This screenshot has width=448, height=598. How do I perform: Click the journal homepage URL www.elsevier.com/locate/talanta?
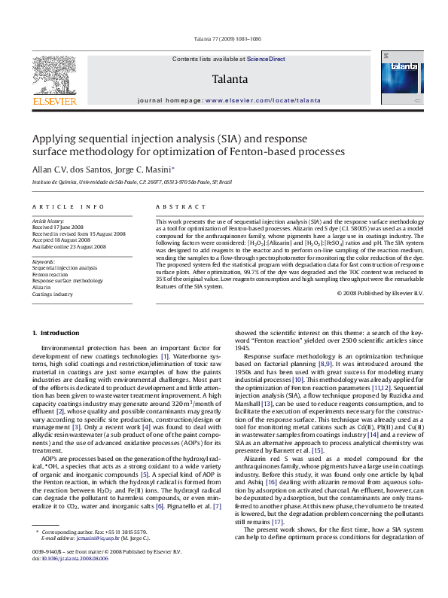tap(257, 100)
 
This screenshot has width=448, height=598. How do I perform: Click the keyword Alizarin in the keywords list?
tap(41, 287)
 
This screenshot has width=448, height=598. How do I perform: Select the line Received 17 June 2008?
tap(57, 227)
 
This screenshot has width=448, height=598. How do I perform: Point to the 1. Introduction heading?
tap(58, 333)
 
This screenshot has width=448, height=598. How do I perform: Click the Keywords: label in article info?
tap(44, 261)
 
